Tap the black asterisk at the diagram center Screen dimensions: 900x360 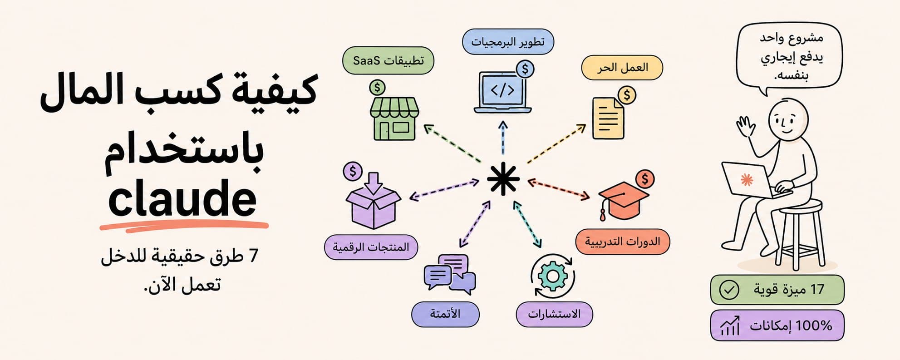(x=503, y=179)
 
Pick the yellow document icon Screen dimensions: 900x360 (x=608, y=118)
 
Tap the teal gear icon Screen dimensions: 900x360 (x=552, y=276)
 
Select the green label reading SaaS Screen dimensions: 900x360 (x=388, y=60)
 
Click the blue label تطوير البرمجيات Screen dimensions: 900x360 (x=508, y=42)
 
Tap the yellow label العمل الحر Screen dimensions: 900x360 (x=622, y=68)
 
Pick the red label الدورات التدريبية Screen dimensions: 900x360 (x=622, y=242)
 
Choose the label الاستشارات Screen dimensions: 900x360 (x=554, y=314)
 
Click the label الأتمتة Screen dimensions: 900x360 (x=445, y=314)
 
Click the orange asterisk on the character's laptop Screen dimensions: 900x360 (x=747, y=180)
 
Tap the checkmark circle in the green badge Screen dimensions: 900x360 (x=729, y=290)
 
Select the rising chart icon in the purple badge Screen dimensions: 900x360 (x=730, y=325)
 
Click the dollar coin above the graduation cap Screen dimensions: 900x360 (x=645, y=179)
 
